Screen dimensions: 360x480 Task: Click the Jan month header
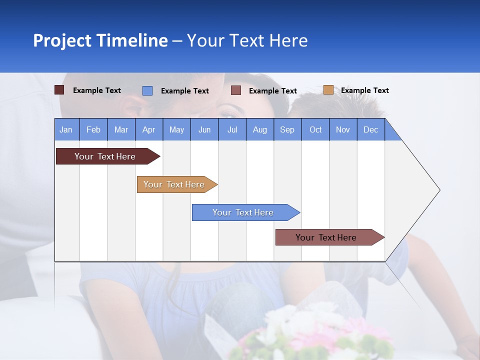pyautogui.click(x=66, y=130)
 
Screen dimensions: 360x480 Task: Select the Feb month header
pyautogui.click(x=93, y=130)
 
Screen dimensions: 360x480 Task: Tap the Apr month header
pyautogui.click(x=148, y=130)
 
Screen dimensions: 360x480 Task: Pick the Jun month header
pyautogui.click(x=204, y=130)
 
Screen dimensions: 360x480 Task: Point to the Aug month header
pyautogui.click(x=259, y=130)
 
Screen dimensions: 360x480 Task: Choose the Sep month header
pyautogui.click(x=287, y=130)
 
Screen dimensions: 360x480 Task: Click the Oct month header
pyautogui.click(x=315, y=130)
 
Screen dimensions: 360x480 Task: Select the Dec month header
pyautogui.click(x=370, y=130)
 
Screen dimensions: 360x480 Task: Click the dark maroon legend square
pyautogui.click(x=59, y=90)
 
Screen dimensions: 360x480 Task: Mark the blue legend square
pyautogui.click(x=147, y=90)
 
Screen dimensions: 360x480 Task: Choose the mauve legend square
pyautogui.click(x=236, y=90)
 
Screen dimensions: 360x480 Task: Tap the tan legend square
pyautogui.click(x=328, y=90)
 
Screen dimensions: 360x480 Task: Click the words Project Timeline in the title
pyautogui.click(x=100, y=40)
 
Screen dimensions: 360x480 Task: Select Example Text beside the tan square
pyautogui.click(x=364, y=90)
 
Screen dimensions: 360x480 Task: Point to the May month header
pyautogui.click(x=176, y=130)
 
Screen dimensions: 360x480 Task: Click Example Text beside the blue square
pyautogui.click(x=184, y=91)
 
